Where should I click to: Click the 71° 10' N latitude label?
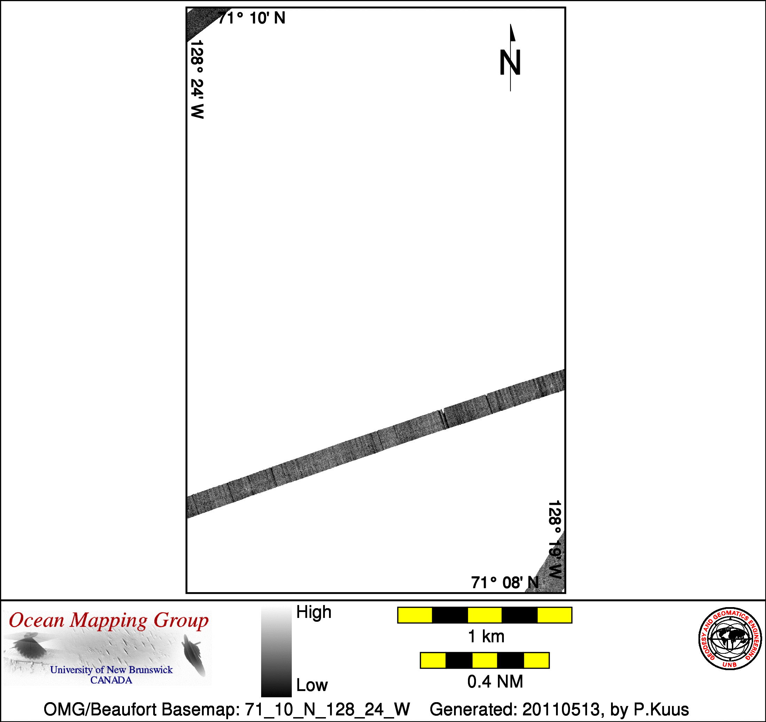(x=252, y=18)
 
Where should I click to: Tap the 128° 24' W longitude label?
(x=197, y=79)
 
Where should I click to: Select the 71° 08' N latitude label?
(x=505, y=582)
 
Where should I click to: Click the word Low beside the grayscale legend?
(x=312, y=685)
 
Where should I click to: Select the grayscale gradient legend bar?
(x=276, y=651)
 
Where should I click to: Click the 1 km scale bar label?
(x=486, y=636)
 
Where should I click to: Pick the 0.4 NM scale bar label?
(x=495, y=682)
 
